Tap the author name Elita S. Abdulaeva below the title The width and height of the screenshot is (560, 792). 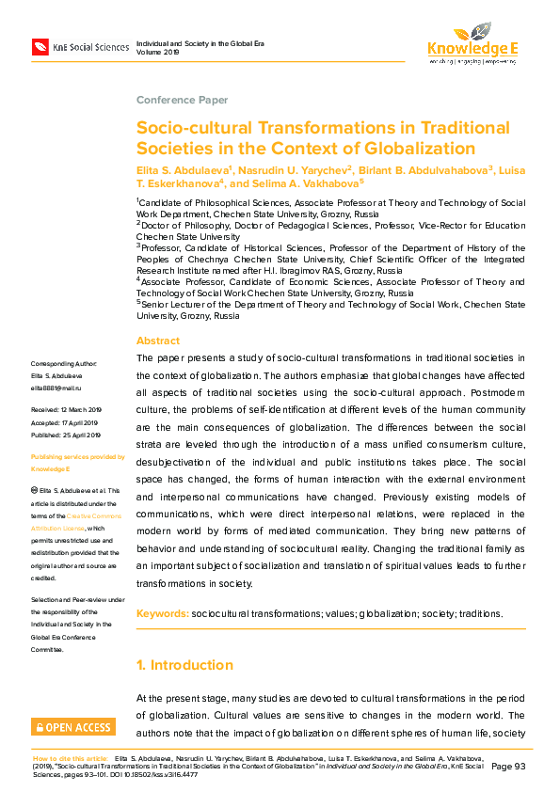(183, 169)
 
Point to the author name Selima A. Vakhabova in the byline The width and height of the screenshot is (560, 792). (307, 183)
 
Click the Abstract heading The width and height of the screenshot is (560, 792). (158, 341)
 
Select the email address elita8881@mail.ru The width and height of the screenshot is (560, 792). (58, 388)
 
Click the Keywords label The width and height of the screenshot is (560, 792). (162, 613)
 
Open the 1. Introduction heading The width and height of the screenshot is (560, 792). (184, 665)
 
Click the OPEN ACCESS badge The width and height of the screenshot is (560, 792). (73, 726)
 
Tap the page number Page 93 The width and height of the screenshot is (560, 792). (508, 767)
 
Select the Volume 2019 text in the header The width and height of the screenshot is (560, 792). (157, 53)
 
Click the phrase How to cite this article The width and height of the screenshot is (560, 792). (72, 757)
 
